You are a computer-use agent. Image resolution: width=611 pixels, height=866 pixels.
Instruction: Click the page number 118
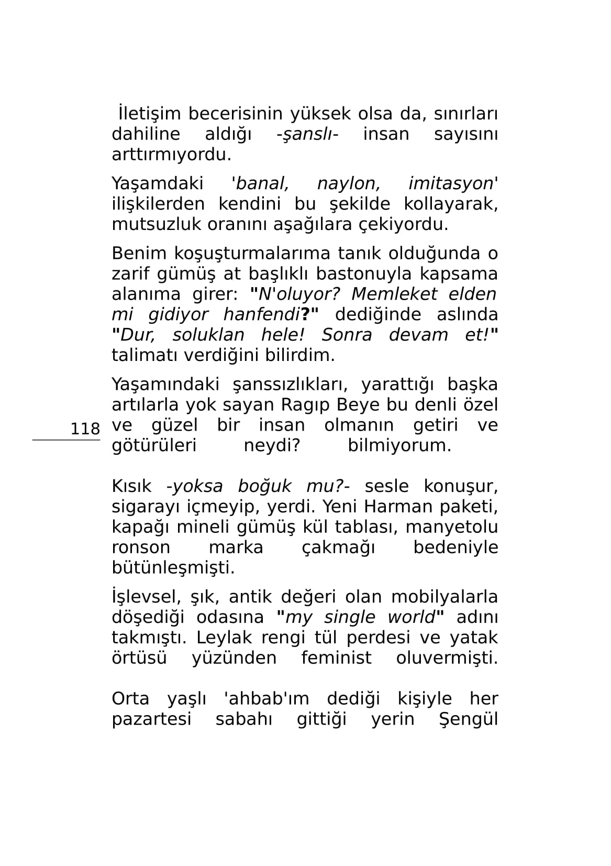click(85, 429)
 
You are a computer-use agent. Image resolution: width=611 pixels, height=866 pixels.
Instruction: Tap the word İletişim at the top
click(149, 114)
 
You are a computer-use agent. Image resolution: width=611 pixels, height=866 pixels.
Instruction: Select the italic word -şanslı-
click(307, 134)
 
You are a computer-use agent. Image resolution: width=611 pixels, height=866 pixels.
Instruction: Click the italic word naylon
click(348, 183)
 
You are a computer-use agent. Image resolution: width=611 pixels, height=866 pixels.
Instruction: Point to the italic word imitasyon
click(451, 183)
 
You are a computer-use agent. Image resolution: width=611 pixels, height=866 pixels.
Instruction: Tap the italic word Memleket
click(394, 294)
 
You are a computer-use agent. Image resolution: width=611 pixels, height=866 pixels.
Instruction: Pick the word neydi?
click(271, 445)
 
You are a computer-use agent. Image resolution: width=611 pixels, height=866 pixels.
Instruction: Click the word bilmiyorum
click(399, 445)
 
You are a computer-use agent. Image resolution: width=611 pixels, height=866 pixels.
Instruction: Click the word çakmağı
click(338, 547)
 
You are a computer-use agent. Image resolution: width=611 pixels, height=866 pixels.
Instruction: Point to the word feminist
click(336, 658)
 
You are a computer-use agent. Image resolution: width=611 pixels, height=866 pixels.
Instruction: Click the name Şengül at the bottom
click(468, 719)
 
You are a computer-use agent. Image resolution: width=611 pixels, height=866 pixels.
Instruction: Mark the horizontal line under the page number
click(66, 440)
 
